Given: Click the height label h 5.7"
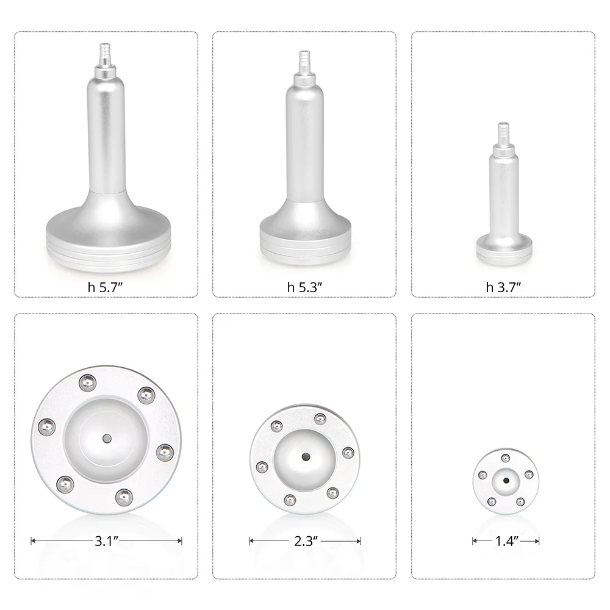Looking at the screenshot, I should pos(106,287).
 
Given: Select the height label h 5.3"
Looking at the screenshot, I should pos(304,287).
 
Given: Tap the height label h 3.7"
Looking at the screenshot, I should pos(503,287).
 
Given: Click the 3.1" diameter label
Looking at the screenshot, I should pos(106,540).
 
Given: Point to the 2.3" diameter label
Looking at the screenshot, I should pos(304,540).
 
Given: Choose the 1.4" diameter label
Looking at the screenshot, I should pos(505,540).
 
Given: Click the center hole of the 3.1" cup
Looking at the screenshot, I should pos(106,439).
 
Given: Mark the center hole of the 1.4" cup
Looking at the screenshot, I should pos(506,480).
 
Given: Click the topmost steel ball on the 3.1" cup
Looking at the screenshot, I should pos(87,382).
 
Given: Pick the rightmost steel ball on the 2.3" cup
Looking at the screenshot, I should pos(348,452).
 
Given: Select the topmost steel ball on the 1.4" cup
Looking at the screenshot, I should pos(505,457).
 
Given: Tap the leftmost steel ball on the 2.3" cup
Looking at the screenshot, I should pos(262,467).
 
